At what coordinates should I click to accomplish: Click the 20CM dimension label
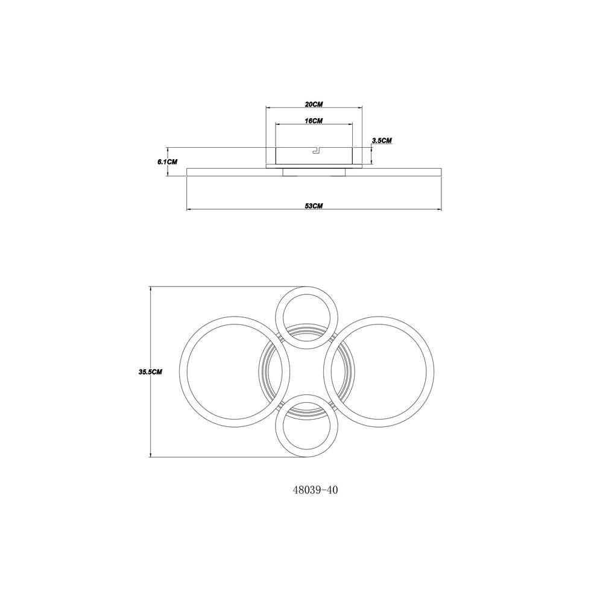[314, 104]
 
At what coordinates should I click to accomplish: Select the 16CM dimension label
[314, 121]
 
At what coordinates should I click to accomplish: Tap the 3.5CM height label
[382, 140]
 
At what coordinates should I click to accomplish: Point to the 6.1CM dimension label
[167, 162]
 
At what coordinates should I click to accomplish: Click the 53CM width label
[314, 206]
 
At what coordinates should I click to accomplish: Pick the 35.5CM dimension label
[150, 372]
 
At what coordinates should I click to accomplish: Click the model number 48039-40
[315, 490]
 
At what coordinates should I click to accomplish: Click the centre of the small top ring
[307, 318]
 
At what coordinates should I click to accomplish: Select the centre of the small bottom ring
[307, 426]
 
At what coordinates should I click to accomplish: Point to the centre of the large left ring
[235, 372]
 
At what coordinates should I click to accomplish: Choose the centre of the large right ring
[379, 372]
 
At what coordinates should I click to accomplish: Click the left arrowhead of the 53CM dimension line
[189, 210]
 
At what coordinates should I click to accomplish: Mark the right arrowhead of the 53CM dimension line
[439, 210]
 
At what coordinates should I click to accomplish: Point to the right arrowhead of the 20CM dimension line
[361, 108]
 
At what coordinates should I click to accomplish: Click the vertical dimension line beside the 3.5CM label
[371, 155]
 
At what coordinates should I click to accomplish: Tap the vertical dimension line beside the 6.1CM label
[168, 162]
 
